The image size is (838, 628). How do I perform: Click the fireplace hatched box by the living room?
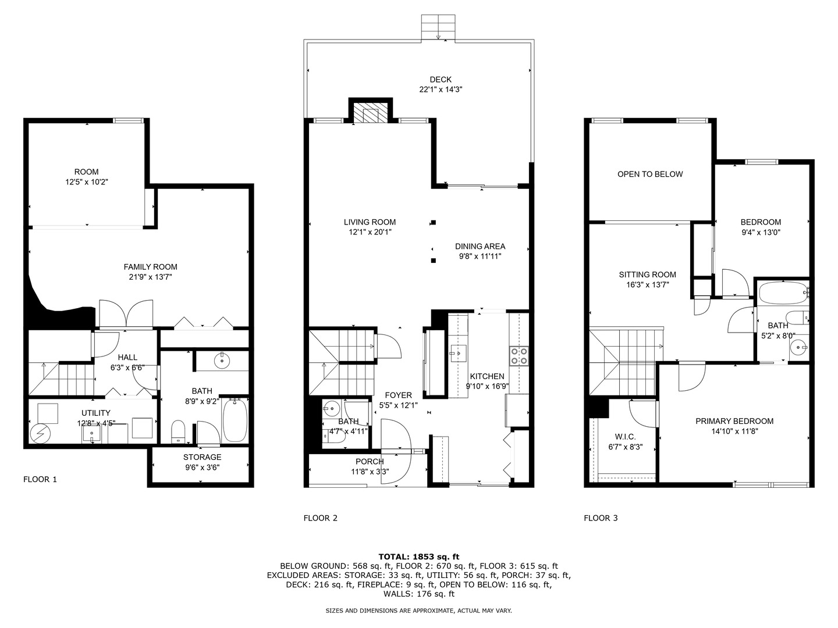[371, 114]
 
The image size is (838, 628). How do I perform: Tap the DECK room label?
[441, 80]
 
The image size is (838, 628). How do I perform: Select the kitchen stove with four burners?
[519, 355]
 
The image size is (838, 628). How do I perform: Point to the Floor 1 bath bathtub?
[235, 420]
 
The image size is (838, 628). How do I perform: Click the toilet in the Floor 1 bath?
[178, 431]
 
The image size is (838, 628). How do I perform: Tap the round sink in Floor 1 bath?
[222, 361]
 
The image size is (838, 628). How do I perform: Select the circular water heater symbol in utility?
[41, 433]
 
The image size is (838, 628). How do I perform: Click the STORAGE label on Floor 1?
[202, 457]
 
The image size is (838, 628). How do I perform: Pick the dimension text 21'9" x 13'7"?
[150, 277]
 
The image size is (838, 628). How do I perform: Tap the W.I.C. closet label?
[625, 437]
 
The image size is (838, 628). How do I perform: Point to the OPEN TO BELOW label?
[650, 174]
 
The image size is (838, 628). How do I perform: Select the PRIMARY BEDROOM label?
[734, 421]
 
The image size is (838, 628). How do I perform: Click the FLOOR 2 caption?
[320, 518]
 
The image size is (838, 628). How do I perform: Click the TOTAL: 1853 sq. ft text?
[418, 556]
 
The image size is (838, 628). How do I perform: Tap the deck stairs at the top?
[437, 27]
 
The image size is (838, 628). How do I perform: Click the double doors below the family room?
[126, 314]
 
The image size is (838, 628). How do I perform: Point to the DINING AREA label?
[480, 246]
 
